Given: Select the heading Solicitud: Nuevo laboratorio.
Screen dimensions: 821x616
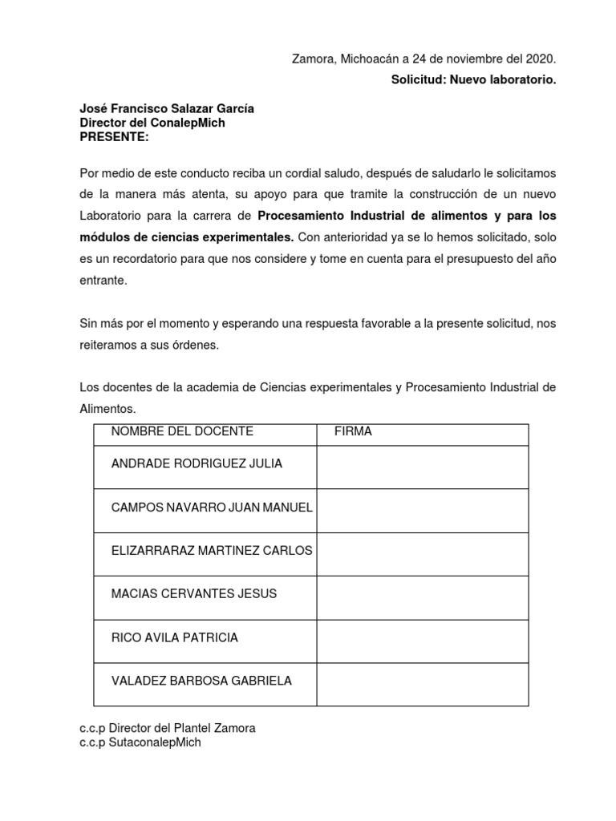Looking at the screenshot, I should tap(473, 79).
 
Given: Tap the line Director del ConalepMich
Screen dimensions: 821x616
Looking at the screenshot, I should tap(152, 123).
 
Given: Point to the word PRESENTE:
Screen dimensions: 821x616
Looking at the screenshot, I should tap(114, 136).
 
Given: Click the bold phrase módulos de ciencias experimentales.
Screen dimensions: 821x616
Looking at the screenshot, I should tap(187, 237).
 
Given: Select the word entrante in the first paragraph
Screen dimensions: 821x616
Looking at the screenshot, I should tap(103, 281).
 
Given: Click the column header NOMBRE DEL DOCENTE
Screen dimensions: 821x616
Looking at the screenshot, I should tap(182, 431).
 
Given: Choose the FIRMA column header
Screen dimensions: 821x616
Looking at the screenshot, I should tap(353, 431).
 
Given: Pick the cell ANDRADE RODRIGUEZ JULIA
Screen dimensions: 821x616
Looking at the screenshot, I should tap(197, 463).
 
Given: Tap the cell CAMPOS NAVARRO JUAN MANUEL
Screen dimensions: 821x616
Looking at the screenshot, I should tap(212, 508).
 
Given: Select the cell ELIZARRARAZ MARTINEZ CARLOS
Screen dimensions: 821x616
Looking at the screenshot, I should tap(212, 550).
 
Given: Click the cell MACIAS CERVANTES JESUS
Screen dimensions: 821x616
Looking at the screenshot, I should tap(193, 594).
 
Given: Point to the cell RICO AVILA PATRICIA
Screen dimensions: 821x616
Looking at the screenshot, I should tap(174, 637).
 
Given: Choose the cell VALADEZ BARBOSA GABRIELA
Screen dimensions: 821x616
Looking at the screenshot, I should tap(201, 681).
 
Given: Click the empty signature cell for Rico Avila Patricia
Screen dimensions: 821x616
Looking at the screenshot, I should tap(422, 641).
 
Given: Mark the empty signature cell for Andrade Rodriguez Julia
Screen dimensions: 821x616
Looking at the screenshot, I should tap(422, 467).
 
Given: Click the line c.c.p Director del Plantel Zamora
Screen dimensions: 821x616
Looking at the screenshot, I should tap(168, 728).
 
